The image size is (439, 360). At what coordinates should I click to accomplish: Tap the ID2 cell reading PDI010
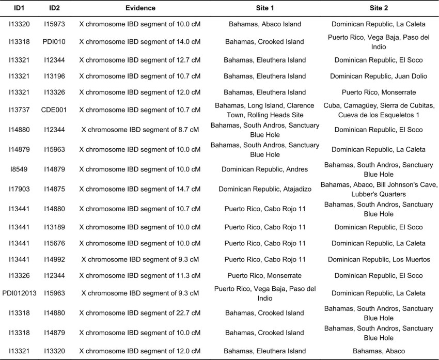click(x=54, y=42)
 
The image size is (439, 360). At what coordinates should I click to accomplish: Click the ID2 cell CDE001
click(x=54, y=110)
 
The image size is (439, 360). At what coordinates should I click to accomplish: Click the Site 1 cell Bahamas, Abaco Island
click(x=264, y=24)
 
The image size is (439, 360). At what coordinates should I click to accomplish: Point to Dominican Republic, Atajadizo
click(x=264, y=189)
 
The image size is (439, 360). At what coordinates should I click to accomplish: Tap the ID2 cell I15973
click(x=54, y=24)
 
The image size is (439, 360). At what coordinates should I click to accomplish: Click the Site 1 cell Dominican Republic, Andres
click(x=264, y=169)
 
